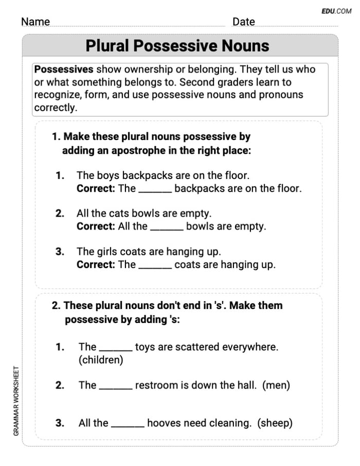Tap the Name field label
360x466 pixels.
pyautogui.click(x=35, y=22)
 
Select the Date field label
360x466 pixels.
pyautogui.click(x=243, y=22)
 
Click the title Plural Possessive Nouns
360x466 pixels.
pyautogui.click(x=177, y=46)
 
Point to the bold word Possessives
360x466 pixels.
pyautogui.click(x=64, y=69)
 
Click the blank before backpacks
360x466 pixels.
pyautogui.click(x=155, y=189)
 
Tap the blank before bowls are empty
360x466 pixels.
pyautogui.click(x=167, y=227)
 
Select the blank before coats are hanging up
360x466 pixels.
pyautogui.click(x=155, y=265)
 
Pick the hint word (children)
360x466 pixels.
pyautogui.click(x=101, y=360)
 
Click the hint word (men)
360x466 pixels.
pyautogui.click(x=276, y=385)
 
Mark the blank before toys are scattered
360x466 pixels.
pyautogui.click(x=115, y=348)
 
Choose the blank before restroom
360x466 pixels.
pyautogui.click(x=115, y=386)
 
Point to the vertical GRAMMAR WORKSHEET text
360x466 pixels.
pyautogui.click(x=16, y=401)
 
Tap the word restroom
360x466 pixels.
pyautogui.click(x=157, y=385)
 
